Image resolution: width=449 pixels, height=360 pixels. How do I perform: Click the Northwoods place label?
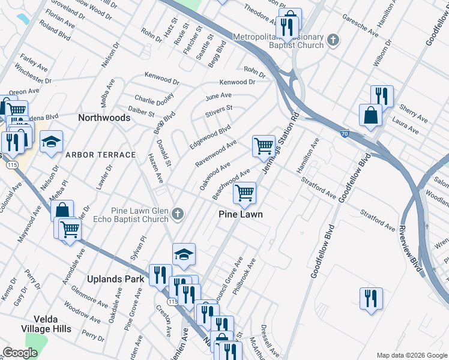tap(104, 118)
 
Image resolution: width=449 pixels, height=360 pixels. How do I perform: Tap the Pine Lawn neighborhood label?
tap(240, 214)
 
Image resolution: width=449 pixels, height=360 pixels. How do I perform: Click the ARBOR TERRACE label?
tap(100, 155)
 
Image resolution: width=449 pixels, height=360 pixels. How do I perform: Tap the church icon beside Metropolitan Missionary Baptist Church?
tap(334, 41)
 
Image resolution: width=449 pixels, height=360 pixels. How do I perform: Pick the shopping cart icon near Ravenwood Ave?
tap(264, 146)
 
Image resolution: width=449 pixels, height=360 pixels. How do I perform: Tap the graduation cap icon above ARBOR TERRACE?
tap(52, 142)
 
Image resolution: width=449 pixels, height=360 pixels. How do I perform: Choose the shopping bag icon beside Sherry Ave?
tap(370, 115)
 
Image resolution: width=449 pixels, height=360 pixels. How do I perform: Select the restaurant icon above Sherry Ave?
tap(381, 96)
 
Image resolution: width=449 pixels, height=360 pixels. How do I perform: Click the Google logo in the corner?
tap(20, 353)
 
